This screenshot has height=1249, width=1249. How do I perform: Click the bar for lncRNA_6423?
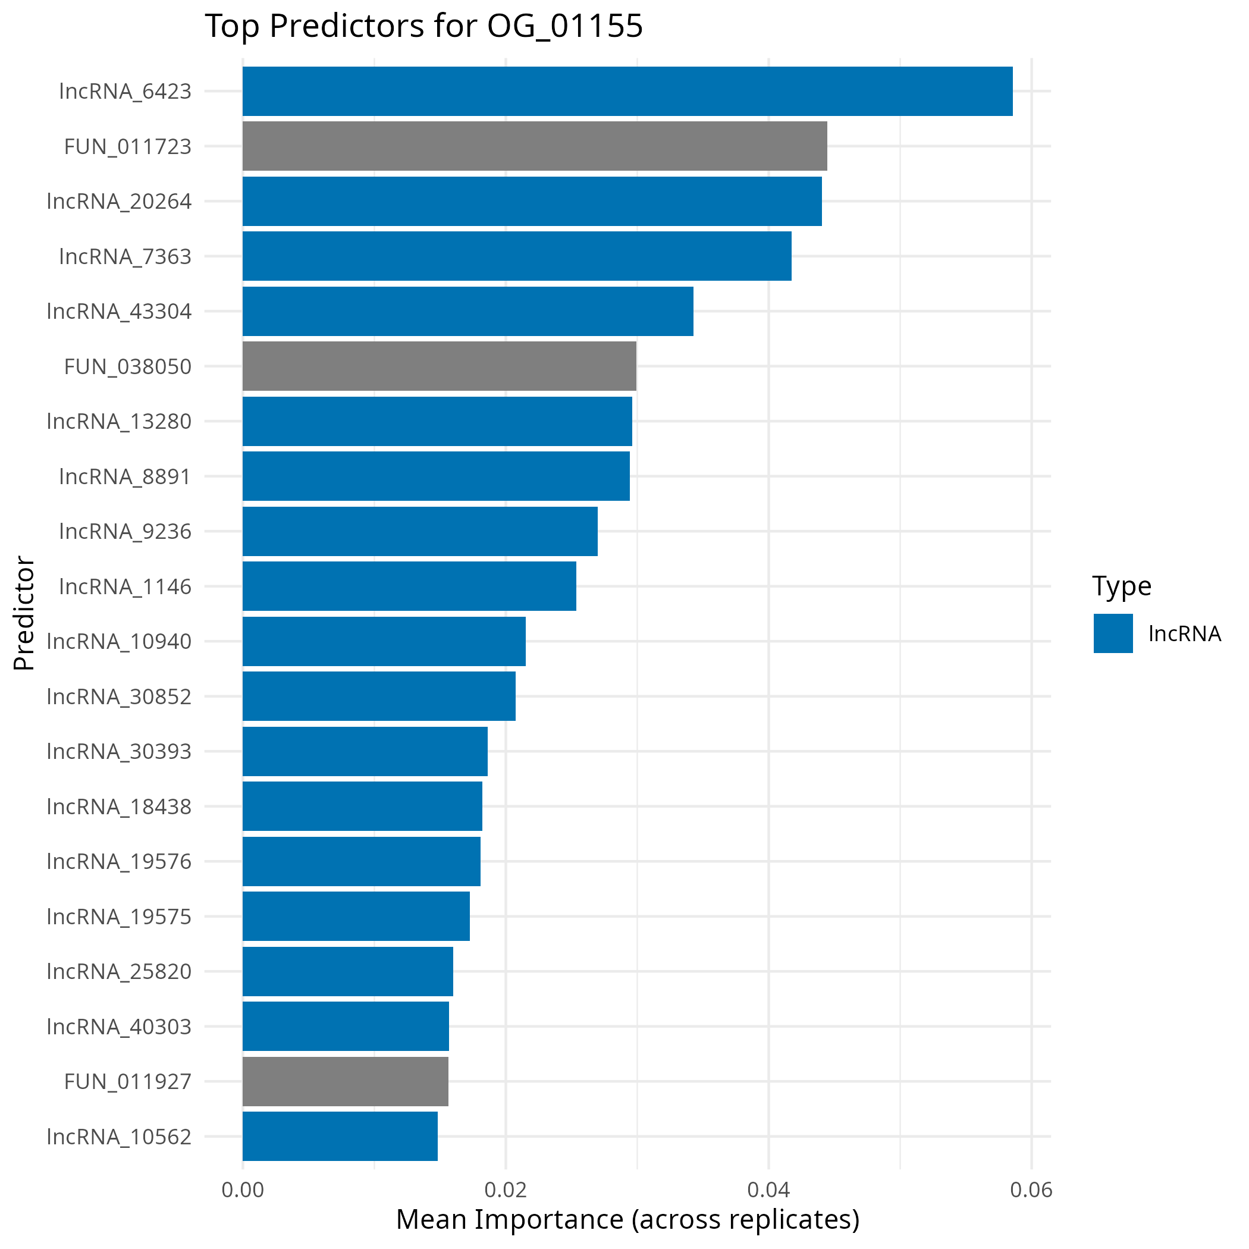click(x=627, y=91)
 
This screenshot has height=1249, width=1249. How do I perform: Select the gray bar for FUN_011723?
click(x=535, y=146)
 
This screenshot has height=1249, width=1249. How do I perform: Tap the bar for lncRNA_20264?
click(x=532, y=201)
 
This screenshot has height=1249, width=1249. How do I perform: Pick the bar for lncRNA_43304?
click(x=468, y=311)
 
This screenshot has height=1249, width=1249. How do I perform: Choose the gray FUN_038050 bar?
click(x=440, y=366)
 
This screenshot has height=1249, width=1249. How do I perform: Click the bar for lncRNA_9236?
click(x=420, y=531)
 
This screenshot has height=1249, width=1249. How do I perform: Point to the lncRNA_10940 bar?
click(x=384, y=641)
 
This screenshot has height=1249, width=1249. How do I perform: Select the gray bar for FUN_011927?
click(x=345, y=1081)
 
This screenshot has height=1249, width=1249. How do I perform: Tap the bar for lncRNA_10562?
click(x=340, y=1137)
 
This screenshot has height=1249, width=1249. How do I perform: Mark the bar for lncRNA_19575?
click(x=356, y=916)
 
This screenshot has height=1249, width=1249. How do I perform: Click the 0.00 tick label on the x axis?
click(x=243, y=1190)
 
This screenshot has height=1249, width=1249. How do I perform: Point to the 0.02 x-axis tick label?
click(x=506, y=1190)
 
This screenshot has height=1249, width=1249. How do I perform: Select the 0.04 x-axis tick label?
click(x=768, y=1190)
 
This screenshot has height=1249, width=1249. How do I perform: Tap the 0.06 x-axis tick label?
click(x=1031, y=1190)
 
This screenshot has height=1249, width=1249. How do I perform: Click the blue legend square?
click(x=1113, y=633)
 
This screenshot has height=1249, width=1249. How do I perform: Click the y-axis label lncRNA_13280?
click(x=120, y=422)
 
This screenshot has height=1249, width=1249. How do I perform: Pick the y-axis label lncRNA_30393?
click(x=120, y=751)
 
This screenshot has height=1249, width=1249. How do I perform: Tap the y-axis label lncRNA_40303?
click(x=120, y=1027)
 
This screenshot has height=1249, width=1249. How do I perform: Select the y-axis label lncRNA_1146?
click(x=125, y=586)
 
